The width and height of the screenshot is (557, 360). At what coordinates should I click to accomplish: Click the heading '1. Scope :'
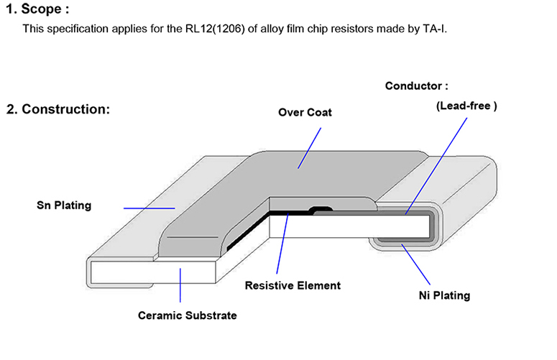(37, 9)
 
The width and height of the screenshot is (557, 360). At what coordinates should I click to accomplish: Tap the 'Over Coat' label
(305, 113)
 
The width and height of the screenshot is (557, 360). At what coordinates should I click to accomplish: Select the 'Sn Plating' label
(64, 206)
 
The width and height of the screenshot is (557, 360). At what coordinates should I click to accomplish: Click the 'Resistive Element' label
(293, 285)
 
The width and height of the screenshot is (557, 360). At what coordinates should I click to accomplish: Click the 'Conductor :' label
(416, 86)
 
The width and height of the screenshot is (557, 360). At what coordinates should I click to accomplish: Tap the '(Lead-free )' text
(466, 106)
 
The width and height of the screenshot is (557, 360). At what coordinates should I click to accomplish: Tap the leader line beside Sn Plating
(149, 208)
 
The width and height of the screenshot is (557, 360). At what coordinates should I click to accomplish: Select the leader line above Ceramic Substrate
(180, 284)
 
